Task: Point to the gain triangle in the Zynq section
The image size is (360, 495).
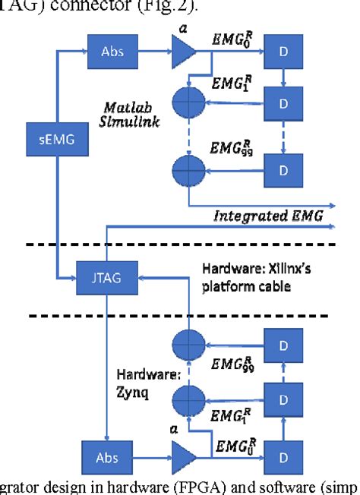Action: tap(181, 459)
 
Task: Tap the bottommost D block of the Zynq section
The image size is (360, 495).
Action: tap(283, 459)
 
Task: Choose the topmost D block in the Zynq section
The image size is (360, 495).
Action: tap(283, 346)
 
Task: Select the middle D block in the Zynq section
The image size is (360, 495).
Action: tap(283, 397)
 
